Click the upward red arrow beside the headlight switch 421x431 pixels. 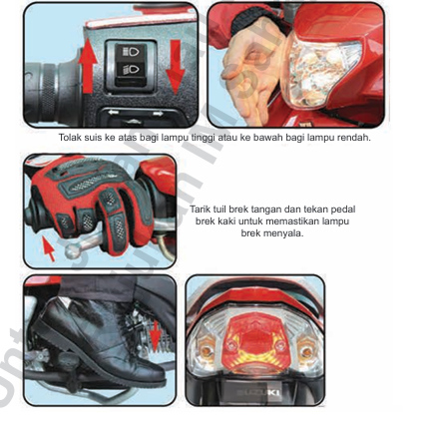88,66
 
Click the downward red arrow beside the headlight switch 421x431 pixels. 175,67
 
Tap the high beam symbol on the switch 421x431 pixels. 132,52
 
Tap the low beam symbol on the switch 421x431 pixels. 131,70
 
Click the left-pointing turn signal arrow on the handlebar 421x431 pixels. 114,113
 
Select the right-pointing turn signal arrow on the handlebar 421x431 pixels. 158,114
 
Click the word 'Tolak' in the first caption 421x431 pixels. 70,138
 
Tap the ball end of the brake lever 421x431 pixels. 72,251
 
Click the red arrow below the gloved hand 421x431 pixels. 49,249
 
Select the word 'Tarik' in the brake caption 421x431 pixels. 200,210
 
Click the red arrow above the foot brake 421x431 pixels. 156,336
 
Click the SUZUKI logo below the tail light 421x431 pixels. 259,392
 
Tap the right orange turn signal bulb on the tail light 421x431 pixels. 307,352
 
